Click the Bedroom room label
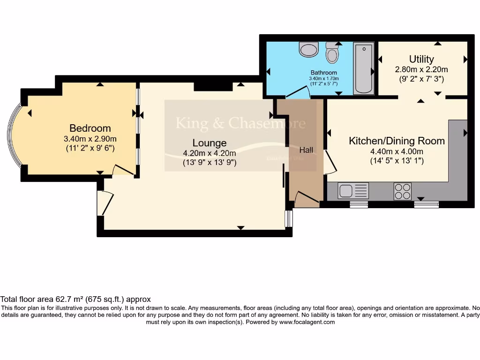click(x=90, y=128)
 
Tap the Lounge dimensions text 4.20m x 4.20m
click(x=209, y=153)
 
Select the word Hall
click(x=306, y=150)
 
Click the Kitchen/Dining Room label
click(x=397, y=141)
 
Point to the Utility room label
click(x=421, y=59)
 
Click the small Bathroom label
click(x=323, y=73)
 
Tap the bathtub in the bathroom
click(x=364, y=68)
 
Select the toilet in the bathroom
click(x=332, y=52)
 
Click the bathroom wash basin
click(x=308, y=49)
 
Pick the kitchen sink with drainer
click(x=353, y=191)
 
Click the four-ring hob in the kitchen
click(x=402, y=191)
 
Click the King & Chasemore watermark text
click(x=240, y=123)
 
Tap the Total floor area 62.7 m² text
click(x=75, y=299)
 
